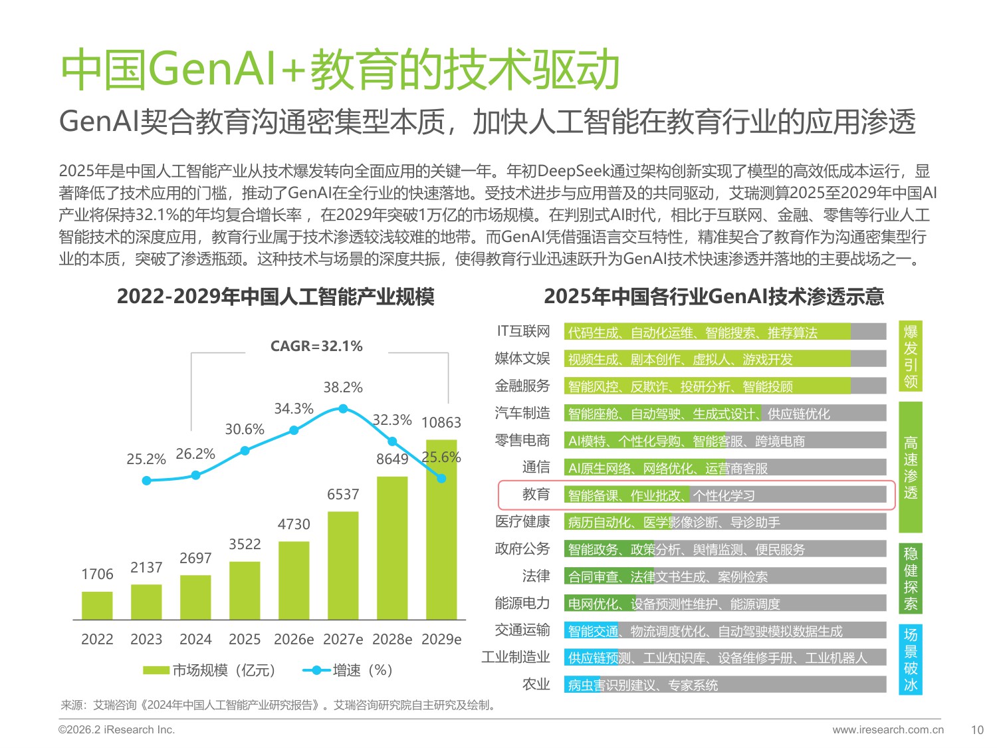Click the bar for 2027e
(343, 565)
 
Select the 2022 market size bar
(97, 605)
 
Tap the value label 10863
(441, 423)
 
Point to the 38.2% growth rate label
(343, 388)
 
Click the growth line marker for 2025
(245, 451)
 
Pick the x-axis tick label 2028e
(392, 640)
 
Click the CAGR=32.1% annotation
(316, 346)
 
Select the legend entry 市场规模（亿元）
(209, 670)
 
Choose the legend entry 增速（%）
(348, 670)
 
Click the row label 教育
(536, 495)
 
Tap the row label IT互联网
(523, 332)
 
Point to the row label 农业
(536, 685)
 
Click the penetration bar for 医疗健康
(724, 523)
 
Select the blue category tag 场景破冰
(911, 660)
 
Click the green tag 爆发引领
(911, 356)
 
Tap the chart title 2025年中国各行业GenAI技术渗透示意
(714, 297)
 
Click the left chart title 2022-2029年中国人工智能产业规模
(275, 297)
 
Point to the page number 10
(976, 730)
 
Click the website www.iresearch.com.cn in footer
(887, 730)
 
